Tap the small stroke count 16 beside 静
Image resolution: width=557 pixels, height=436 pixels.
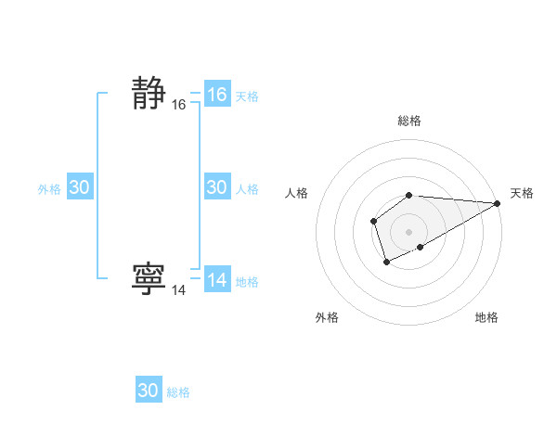[x=178, y=106]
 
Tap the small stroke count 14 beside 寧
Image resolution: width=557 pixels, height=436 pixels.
[x=178, y=290]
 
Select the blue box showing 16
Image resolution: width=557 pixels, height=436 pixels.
[x=216, y=95]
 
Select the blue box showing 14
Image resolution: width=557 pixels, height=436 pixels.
[x=216, y=280]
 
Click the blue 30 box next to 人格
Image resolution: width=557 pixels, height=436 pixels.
[x=216, y=187]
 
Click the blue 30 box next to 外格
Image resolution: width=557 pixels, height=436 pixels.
[x=79, y=187]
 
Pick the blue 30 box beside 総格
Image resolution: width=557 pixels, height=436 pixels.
[x=148, y=391]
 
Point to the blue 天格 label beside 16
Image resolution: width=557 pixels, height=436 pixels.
[x=247, y=96]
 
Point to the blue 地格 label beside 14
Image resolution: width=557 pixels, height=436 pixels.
[x=247, y=282]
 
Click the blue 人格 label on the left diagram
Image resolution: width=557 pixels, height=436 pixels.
[x=247, y=189]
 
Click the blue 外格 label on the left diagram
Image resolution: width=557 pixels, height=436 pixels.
[x=49, y=189]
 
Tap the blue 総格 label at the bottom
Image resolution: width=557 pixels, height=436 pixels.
[x=178, y=392]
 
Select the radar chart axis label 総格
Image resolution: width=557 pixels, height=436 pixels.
[x=409, y=121]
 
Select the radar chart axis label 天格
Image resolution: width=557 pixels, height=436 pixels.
[x=522, y=193]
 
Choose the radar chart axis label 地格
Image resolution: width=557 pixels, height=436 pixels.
[x=486, y=317]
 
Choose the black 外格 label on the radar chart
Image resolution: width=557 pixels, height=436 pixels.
[x=327, y=317]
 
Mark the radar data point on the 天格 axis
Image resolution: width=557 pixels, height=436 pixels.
[x=498, y=203]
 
